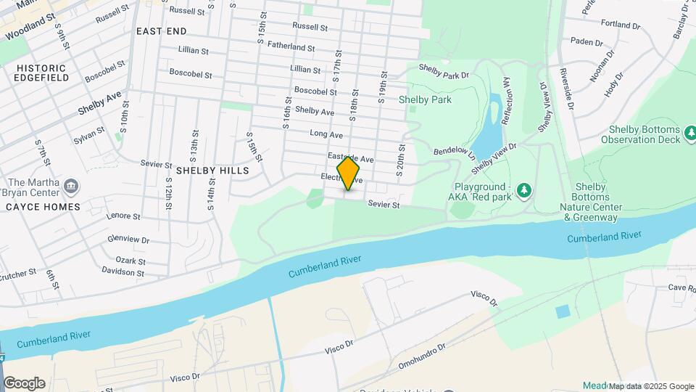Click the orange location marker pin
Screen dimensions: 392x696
pos(349,173)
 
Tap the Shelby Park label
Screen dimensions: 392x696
pos(425,99)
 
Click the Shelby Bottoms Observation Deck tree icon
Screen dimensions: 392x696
pos(691,131)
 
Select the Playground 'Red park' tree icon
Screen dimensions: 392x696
pos(523,191)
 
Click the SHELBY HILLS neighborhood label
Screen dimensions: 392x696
pos(212,171)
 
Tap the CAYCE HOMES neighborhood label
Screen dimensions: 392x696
pos(43,207)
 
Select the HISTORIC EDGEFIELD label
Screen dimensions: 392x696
pos(41,73)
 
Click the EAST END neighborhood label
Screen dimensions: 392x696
pos(161,31)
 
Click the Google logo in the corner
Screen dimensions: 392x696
pos(24,383)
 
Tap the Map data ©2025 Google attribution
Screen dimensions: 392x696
pos(651,386)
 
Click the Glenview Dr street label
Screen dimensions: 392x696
pos(128,240)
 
